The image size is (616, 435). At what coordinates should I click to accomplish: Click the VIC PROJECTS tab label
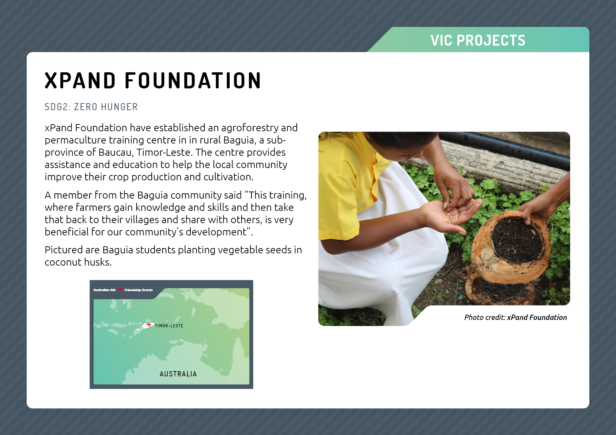[478, 40]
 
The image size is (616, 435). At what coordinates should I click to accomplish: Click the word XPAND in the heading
[80, 80]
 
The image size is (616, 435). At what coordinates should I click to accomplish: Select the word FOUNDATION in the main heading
[193, 80]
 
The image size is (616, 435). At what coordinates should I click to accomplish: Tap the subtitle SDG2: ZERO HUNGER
[91, 107]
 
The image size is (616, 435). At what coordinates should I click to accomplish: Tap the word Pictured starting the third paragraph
[64, 250]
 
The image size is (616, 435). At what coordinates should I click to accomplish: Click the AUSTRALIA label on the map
[178, 374]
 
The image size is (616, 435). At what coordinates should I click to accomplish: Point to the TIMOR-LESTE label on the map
[169, 326]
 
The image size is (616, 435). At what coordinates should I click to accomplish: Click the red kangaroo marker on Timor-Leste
[149, 326]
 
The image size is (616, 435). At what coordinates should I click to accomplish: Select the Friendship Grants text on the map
[138, 290]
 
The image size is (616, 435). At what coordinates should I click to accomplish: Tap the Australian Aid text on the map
[104, 290]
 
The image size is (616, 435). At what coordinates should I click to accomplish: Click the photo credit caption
[515, 317]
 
